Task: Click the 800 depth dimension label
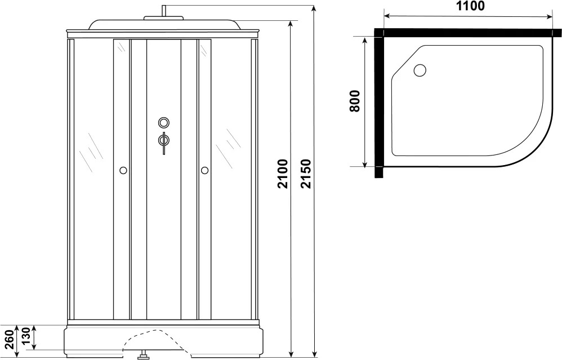click(x=354, y=101)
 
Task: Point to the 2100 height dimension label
click(x=283, y=174)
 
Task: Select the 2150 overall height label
click(x=306, y=174)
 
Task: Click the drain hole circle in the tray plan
click(x=420, y=70)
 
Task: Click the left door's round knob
click(x=123, y=170)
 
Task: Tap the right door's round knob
click(x=204, y=170)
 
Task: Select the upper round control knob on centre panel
click(x=164, y=123)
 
